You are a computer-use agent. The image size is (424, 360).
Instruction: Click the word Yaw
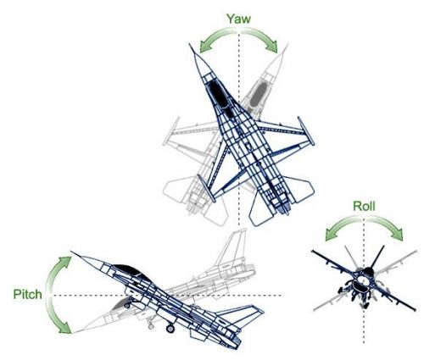[238, 19]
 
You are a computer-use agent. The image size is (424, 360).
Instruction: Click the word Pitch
[27, 295]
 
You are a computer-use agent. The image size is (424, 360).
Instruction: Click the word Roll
[364, 206]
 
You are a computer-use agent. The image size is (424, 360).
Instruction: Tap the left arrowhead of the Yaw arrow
[205, 47]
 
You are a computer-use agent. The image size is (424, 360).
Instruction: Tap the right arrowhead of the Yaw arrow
[272, 47]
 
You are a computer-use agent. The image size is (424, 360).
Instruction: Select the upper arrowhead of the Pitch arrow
[64, 262]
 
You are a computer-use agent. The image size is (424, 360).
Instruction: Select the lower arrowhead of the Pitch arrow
[65, 327]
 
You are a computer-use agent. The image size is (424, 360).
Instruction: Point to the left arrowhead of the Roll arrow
[331, 235]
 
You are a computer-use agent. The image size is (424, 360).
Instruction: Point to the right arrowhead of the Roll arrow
[397, 235]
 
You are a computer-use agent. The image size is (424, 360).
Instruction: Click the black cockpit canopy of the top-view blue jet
[218, 95]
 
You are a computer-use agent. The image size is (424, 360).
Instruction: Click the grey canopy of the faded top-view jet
[258, 95]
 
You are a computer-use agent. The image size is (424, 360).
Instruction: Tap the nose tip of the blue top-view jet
[190, 44]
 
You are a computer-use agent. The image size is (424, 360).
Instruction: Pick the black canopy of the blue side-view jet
[128, 269]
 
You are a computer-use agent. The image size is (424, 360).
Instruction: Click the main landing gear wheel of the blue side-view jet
[170, 328]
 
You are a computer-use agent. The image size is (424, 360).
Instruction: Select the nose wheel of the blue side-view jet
[127, 306]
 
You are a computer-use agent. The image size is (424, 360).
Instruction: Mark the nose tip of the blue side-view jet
[71, 252]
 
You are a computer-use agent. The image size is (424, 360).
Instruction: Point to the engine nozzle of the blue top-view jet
[284, 209]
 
